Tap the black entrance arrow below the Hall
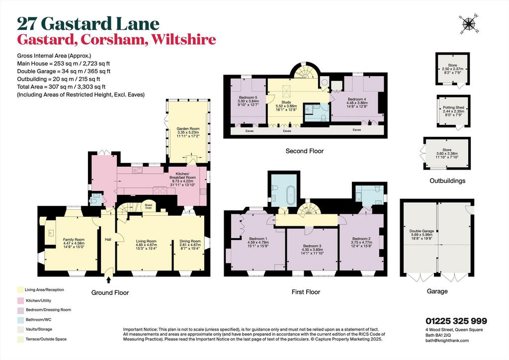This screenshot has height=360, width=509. (x=108, y=280)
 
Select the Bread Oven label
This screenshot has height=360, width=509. (x=148, y=206)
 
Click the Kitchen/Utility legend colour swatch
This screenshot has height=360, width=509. (x=21, y=301)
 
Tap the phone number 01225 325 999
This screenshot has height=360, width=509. (x=456, y=321)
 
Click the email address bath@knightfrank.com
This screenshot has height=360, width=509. (x=447, y=341)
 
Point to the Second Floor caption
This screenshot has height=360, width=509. (x=305, y=151)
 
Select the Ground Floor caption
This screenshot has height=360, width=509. (x=110, y=293)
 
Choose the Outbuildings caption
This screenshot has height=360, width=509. (x=447, y=181)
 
